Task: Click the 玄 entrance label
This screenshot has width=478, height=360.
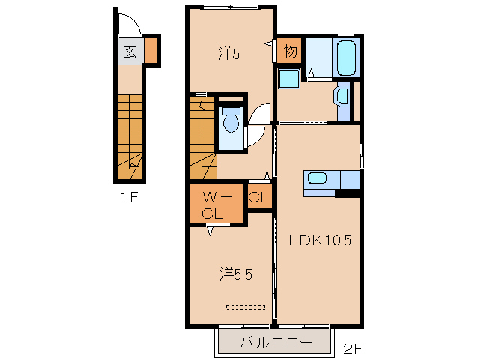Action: click(x=130, y=51)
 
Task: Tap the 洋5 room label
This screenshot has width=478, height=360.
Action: click(x=229, y=54)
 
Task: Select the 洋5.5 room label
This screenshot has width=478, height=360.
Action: click(x=236, y=274)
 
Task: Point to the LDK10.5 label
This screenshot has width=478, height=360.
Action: click(x=320, y=240)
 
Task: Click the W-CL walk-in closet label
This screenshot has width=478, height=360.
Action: click(x=216, y=206)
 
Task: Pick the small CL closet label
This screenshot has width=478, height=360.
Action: click(x=259, y=197)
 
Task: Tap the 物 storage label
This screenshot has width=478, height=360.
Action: click(x=290, y=51)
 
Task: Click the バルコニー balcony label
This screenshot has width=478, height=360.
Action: click(x=276, y=343)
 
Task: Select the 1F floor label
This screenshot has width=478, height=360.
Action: click(x=130, y=197)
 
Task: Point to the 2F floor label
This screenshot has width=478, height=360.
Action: click(x=352, y=349)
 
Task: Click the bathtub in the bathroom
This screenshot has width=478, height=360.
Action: click(x=346, y=58)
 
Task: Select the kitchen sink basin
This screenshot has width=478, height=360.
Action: click(x=318, y=178)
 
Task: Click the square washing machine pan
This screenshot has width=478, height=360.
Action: click(x=289, y=79)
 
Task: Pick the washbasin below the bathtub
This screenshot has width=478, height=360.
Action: click(x=342, y=96)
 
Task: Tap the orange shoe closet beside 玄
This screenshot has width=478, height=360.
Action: click(x=151, y=51)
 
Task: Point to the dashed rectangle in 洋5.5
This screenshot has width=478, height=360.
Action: click(x=246, y=307)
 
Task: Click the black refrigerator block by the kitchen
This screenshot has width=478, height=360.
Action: click(x=347, y=193)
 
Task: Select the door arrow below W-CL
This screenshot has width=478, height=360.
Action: click(x=210, y=230)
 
